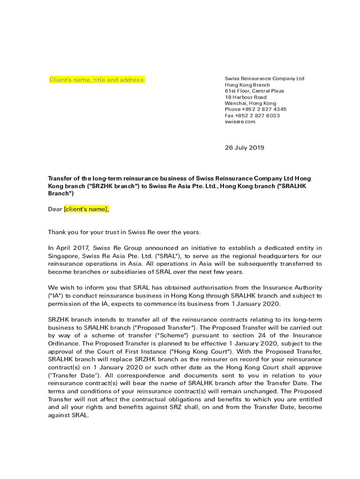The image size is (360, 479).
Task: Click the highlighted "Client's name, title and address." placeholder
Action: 97,80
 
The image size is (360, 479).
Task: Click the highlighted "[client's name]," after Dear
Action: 86,209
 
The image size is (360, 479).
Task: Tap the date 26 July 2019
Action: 245,148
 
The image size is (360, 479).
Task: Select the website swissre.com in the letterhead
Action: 240,122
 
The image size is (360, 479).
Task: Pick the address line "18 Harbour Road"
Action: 245,97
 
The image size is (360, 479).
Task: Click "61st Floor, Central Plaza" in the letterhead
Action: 254,91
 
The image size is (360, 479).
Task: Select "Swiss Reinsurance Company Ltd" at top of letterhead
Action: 264,79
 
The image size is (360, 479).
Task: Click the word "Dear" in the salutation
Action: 55,209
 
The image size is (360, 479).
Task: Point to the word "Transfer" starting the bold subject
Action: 61,178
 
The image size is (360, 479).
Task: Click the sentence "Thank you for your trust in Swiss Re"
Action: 108,232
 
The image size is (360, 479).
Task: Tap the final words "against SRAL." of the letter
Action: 68,415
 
